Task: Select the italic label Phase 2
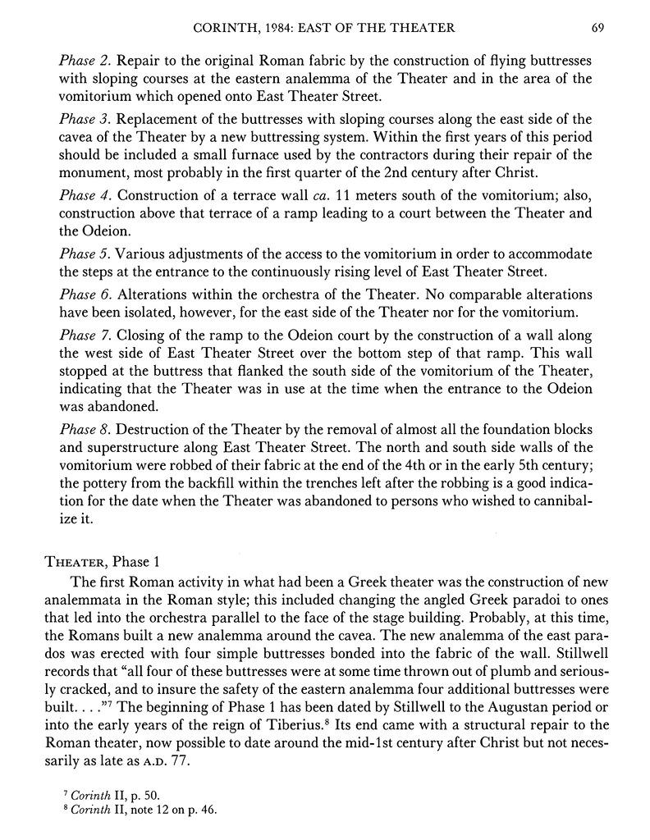point(84,61)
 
